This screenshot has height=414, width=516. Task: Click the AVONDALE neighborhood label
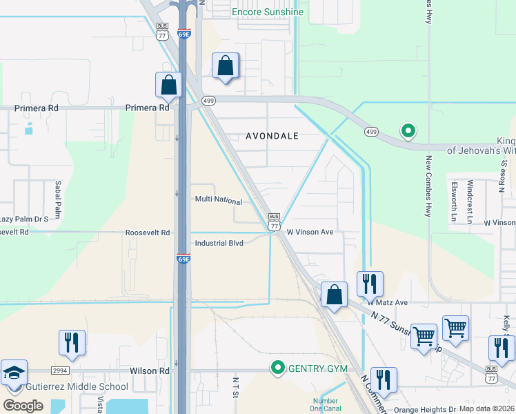[x=272, y=136]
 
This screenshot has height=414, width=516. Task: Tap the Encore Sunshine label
[x=267, y=12]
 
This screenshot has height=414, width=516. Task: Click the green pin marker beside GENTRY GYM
[x=278, y=368]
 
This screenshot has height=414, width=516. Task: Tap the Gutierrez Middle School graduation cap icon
[x=14, y=373]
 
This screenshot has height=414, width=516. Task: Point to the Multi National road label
[x=219, y=201]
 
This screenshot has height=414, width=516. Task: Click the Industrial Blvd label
[x=219, y=243]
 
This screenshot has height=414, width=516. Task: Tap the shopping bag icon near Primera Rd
[x=168, y=86]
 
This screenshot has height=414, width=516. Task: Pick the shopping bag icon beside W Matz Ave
[x=334, y=295]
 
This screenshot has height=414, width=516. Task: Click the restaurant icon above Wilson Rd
[x=72, y=342]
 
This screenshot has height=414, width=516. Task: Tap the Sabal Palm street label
[x=58, y=200]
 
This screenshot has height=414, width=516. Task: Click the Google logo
[x=23, y=405]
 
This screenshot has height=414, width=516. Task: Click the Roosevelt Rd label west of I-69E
[x=148, y=233]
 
